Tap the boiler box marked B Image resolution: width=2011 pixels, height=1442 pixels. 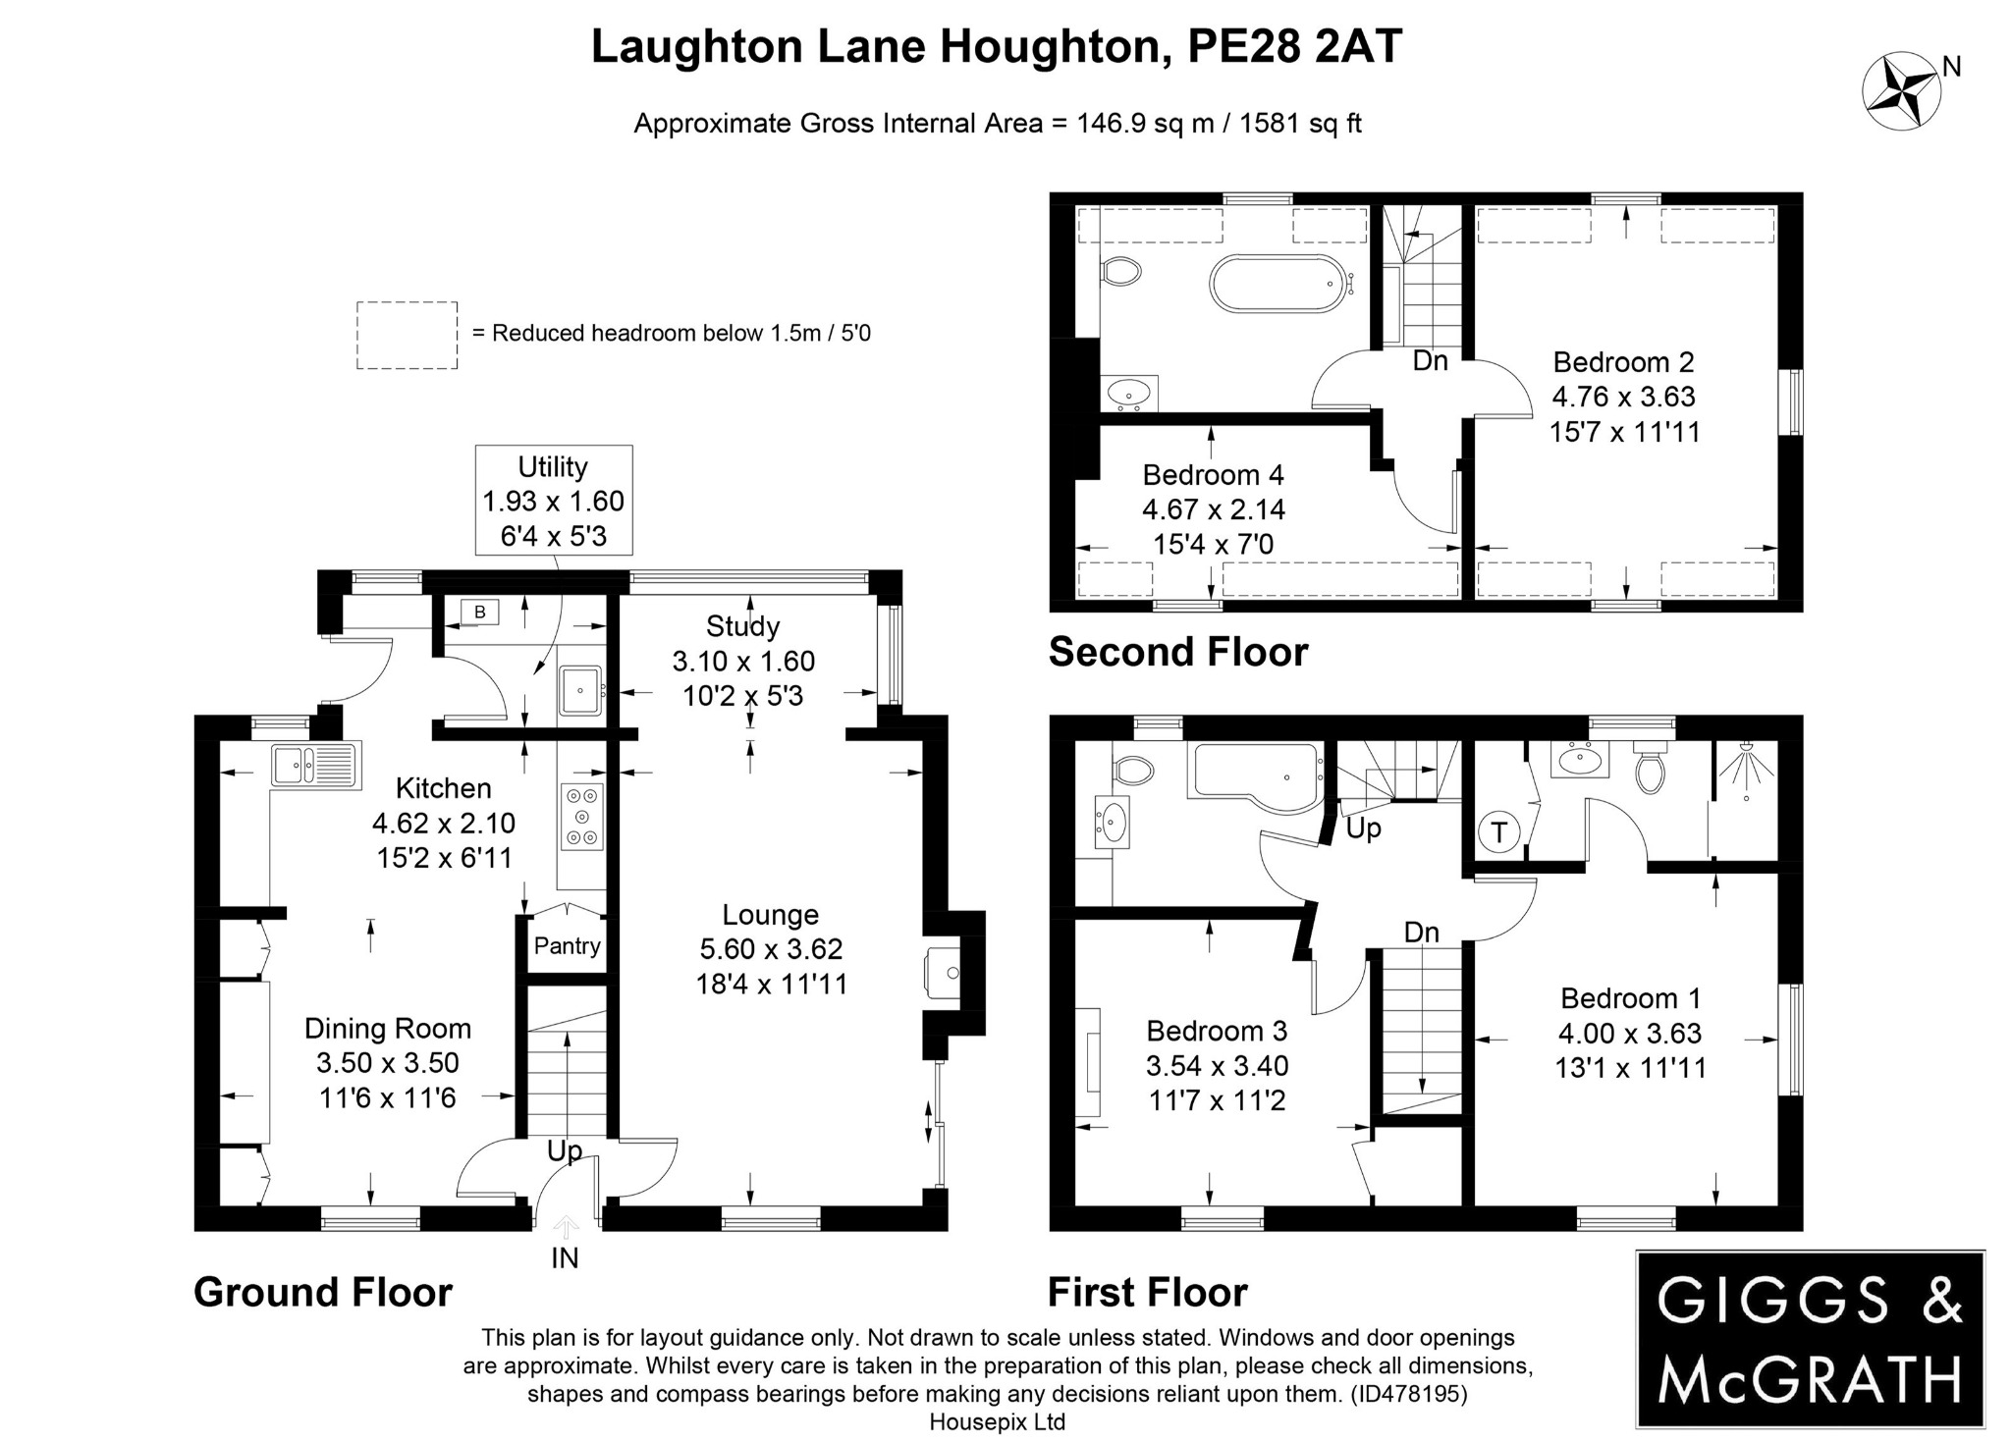(479, 613)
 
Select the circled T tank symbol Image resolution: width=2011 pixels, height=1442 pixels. (1498, 832)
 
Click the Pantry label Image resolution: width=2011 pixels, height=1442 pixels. (567, 945)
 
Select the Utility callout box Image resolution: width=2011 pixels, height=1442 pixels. (553, 501)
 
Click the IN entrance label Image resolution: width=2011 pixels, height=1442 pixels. (565, 1257)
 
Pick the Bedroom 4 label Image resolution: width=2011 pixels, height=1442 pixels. (1213, 475)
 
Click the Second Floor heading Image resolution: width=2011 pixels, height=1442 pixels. (1177, 652)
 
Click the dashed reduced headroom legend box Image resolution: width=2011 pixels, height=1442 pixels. (407, 336)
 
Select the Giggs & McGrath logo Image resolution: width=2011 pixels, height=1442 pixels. (1810, 1339)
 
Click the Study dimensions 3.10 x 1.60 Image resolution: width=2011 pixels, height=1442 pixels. (743, 662)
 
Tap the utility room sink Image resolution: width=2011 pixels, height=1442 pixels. (580, 689)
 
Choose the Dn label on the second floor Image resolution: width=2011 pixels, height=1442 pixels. (1430, 360)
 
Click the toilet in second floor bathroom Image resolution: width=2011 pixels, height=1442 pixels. (1121, 271)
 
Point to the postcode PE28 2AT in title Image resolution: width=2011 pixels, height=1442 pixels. (1294, 46)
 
